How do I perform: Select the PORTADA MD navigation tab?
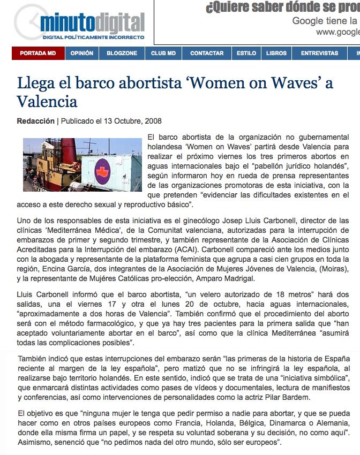38,54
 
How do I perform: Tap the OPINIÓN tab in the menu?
81,54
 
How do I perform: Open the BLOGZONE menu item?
122,54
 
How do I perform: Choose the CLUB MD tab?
163,54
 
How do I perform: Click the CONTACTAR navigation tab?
207,54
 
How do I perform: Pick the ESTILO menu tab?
246,54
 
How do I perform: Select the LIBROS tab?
276,54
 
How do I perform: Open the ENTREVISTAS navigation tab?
319,54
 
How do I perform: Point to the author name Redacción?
36,121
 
